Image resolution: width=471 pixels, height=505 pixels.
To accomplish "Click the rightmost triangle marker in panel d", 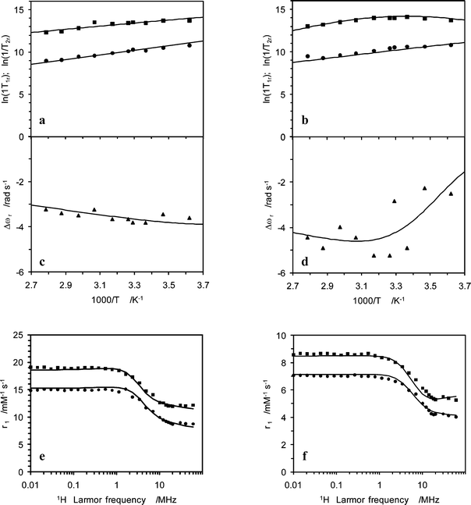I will click(451, 194).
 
